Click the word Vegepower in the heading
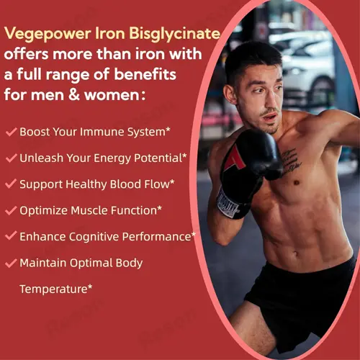(45, 34)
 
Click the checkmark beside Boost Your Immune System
(11, 132)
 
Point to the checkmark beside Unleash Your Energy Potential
(11, 158)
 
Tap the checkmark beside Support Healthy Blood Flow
(11, 184)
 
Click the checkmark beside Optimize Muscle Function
(11, 210)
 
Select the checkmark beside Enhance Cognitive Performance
(11, 236)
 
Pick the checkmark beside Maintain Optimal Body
(11, 263)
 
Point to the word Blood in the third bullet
(122, 184)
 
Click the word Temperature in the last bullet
(53, 289)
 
